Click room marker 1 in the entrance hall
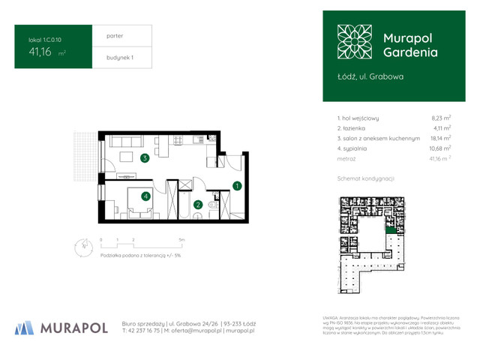[236, 185]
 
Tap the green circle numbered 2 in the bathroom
[198, 204]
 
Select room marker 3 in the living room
[144, 158]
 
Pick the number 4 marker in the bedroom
[146, 196]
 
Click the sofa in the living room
[126, 141]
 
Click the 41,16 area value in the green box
[41, 52]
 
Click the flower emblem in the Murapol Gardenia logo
[352, 42]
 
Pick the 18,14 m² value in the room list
[440, 138]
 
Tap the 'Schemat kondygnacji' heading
[366, 178]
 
